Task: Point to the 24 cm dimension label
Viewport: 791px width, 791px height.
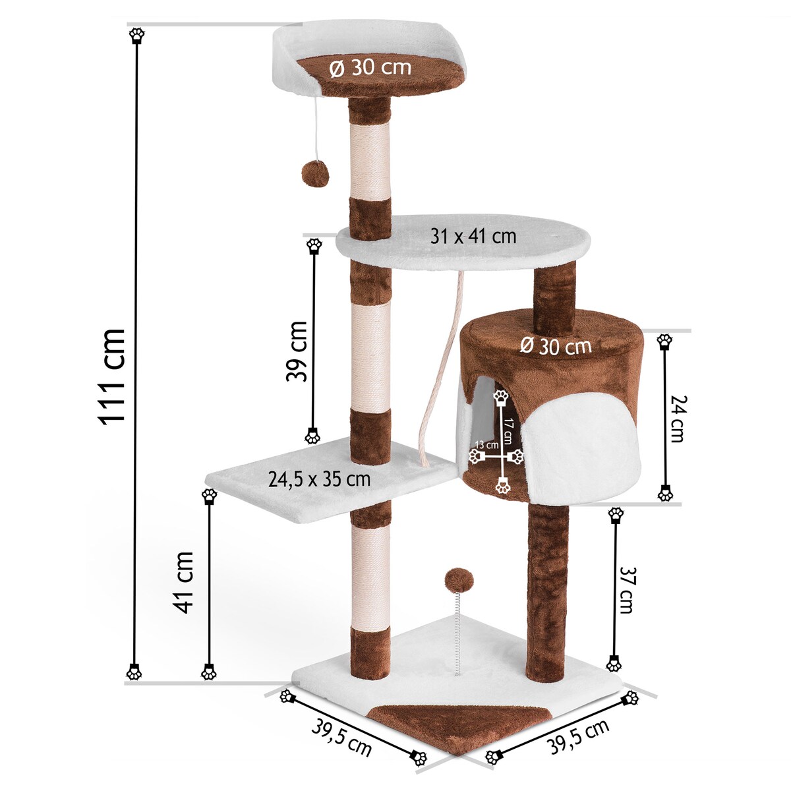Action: [x=676, y=419]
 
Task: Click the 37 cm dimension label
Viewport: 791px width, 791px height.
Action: [x=625, y=591]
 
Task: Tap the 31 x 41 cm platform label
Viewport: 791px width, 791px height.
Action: [x=473, y=236]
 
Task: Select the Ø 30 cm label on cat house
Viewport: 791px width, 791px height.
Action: [x=555, y=345]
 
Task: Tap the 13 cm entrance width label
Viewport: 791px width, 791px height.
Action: [x=487, y=445]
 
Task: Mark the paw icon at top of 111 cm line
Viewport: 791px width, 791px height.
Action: [x=136, y=35]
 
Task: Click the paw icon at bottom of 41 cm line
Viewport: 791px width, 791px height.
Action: [x=209, y=673]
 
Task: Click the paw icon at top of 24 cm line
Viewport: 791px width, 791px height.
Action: [x=665, y=341]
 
